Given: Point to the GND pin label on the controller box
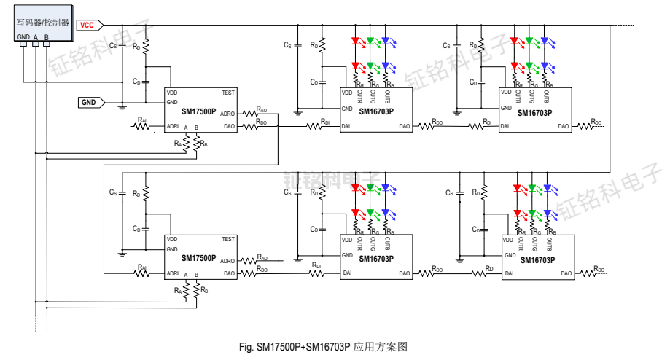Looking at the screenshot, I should point(23,36).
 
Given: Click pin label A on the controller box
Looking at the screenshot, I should point(35,36).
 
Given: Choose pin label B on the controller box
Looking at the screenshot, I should point(47,36).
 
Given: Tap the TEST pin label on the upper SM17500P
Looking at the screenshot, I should point(228,93).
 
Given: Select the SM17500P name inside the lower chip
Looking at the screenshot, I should point(198,258).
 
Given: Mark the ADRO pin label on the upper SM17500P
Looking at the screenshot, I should point(227,114).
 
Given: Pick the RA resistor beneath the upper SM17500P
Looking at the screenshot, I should point(187,144).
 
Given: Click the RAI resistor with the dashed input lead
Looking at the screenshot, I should point(142,125).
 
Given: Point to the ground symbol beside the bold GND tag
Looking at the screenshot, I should point(122,106).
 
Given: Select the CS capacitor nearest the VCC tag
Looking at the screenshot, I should point(122,47).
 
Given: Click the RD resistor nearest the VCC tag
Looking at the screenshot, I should point(146,47).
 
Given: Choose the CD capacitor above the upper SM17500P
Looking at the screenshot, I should point(146,81).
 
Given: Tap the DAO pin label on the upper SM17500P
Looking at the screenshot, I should point(228,126).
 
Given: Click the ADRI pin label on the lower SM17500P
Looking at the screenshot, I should point(173,273).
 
